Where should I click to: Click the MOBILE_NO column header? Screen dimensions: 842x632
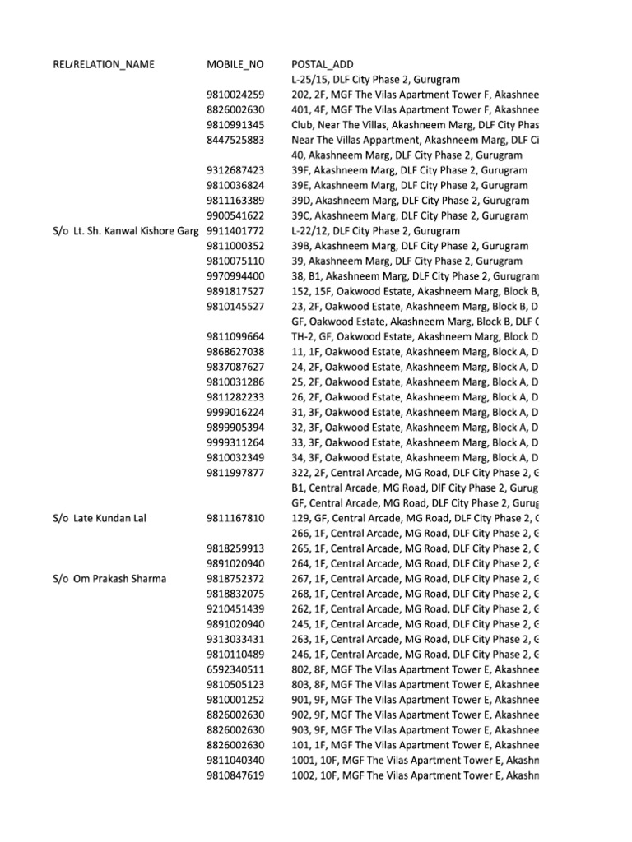pos(235,64)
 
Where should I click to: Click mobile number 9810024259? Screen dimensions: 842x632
pos(235,95)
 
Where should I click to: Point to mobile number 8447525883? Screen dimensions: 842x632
pos(235,140)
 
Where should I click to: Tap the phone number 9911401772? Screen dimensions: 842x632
pos(235,231)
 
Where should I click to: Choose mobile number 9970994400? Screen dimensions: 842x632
pos(235,276)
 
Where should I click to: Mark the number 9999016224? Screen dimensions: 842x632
pos(235,412)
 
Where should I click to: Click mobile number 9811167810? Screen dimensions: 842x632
pos(235,518)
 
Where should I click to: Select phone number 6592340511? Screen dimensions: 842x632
pos(235,669)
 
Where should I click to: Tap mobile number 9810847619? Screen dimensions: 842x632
pos(235,775)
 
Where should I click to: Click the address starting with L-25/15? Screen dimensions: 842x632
pos(369,80)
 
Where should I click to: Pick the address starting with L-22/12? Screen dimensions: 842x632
pos(369,231)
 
